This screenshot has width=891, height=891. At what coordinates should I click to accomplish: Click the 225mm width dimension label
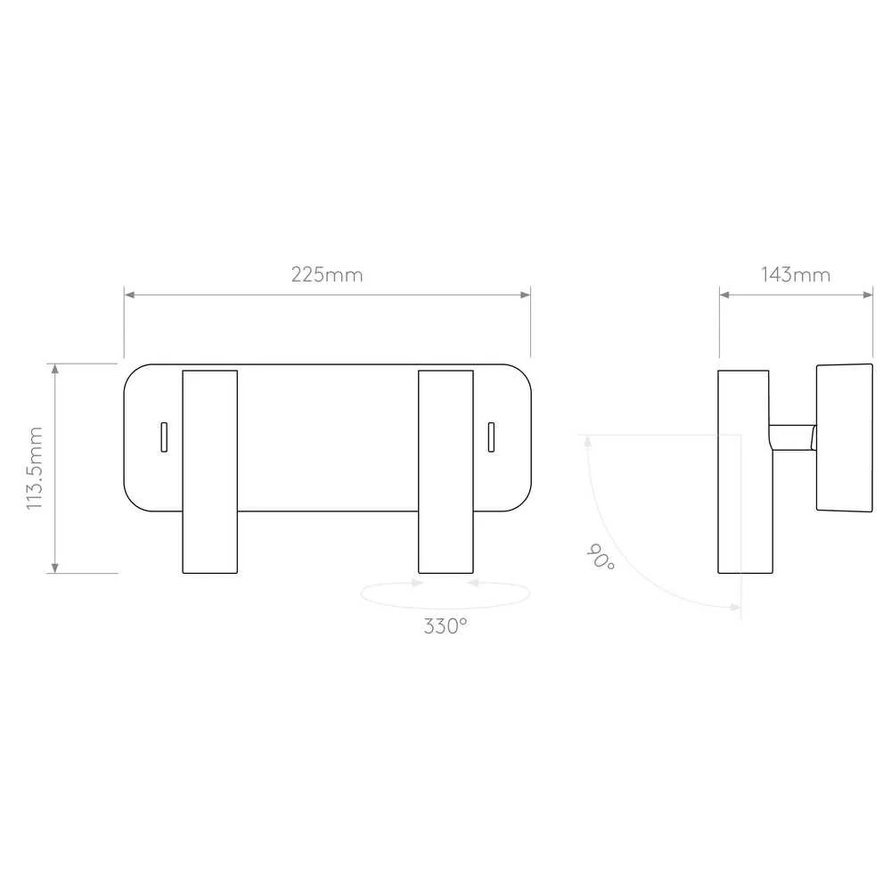coord(327,275)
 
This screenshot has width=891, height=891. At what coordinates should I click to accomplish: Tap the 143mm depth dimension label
coord(796,275)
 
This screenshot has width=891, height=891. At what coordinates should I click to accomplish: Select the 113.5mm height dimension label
coord(35,468)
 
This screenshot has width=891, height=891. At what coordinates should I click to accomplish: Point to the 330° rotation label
coord(445,626)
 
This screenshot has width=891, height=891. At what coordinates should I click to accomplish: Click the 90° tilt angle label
coord(600,557)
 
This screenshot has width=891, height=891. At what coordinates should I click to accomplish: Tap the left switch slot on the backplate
coord(164,437)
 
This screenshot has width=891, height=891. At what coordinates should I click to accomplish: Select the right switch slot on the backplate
coord(492,437)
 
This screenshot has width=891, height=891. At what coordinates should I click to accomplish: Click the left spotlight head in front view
coord(209,471)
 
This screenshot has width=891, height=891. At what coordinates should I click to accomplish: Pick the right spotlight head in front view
coord(446,471)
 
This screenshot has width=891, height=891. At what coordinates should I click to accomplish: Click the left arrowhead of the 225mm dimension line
coord(129,295)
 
